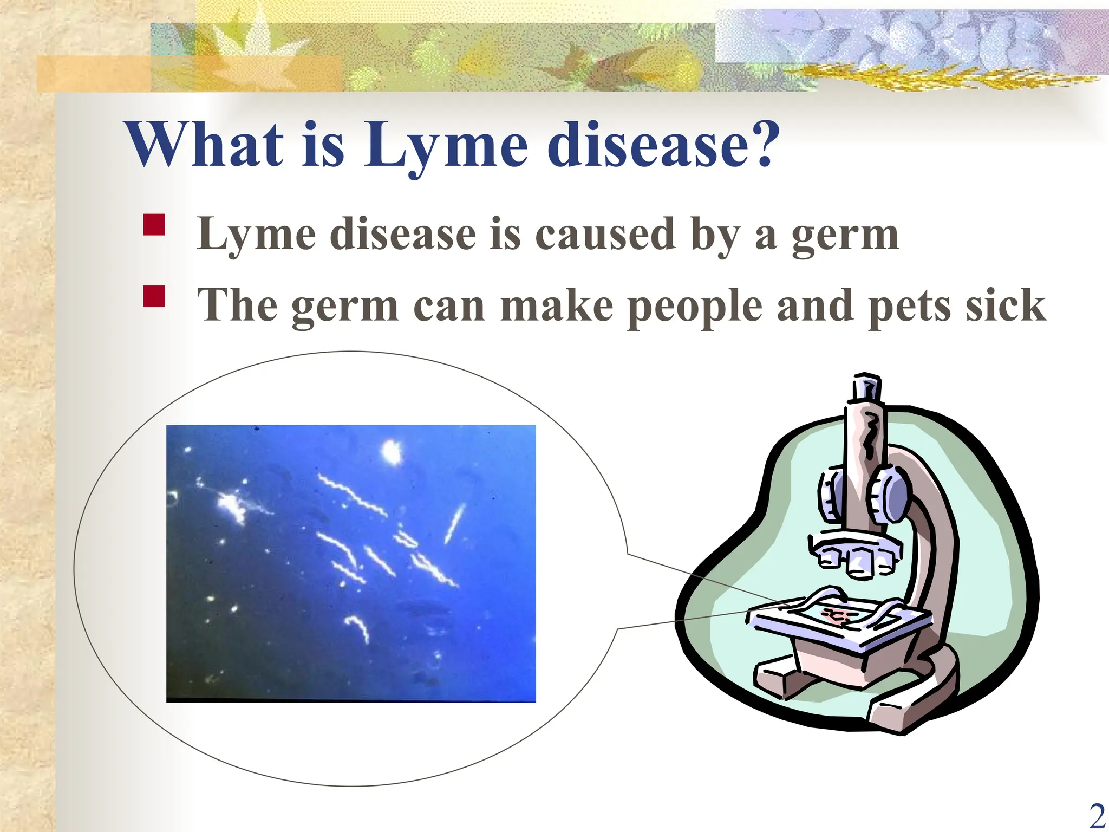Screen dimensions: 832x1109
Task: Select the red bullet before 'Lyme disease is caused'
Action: [154, 225]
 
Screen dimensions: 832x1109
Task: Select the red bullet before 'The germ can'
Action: [154, 297]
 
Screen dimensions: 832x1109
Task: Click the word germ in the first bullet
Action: [845, 236]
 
